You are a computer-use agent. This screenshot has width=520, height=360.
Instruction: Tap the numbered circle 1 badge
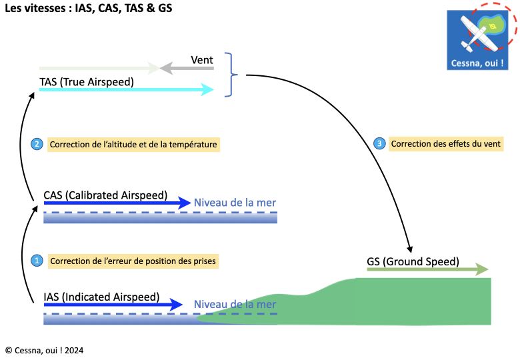(x=38, y=261)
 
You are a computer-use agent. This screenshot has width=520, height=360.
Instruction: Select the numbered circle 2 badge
(x=38, y=144)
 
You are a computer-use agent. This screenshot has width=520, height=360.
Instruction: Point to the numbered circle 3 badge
(x=379, y=144)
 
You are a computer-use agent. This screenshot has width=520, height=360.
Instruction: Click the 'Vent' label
(x=201, y=59)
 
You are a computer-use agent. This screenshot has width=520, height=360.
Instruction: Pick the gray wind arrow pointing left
(x=187, y=68)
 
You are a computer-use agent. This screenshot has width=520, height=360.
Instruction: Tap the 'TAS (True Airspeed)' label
(x=87, y=81)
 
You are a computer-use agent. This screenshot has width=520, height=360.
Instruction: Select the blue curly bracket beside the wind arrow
(x=231, y=75)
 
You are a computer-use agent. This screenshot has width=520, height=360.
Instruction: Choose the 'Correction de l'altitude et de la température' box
(x=133, y=144)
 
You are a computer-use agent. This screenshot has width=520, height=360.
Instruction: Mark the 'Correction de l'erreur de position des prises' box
(x=133, y=261)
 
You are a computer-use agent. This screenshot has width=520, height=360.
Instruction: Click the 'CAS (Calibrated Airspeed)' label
(x=105, y=195)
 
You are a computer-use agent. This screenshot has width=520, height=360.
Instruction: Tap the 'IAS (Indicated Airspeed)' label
(x=101, y=297)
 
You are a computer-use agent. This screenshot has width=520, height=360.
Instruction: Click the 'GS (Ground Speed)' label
(x=413, y=261)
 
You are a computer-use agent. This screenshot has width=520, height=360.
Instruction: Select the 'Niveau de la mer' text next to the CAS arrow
(x=235, y=203)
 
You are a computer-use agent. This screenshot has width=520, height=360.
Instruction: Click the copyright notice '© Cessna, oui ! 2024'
(x=44, y=350)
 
